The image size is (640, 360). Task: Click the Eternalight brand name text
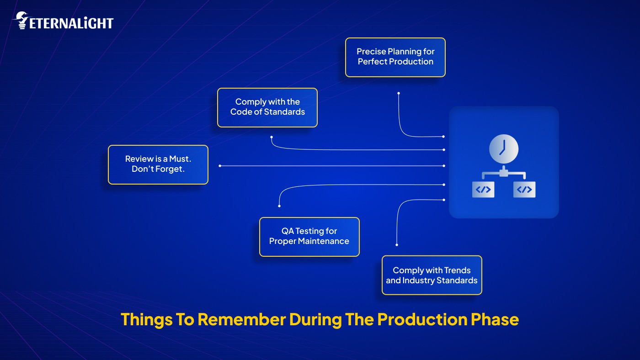point(71,23)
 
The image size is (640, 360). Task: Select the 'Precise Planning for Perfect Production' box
point(395,57)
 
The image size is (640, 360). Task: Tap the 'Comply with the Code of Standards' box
point(267,107)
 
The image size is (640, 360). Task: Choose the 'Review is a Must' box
point(158,164)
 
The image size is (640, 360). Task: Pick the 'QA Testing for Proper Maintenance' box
point(309,237)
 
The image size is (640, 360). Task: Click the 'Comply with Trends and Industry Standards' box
point(432,275)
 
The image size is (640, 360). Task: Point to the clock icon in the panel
point(503,149)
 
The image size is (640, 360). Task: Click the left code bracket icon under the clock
point(483,190)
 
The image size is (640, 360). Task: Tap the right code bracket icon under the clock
point(524,190)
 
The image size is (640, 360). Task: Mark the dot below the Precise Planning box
point(399,93)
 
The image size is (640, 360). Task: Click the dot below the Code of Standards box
point(272,137)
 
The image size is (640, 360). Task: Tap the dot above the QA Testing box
point(279,206)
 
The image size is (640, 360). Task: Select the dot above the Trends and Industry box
point(397,245)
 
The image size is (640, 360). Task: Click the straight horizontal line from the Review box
point(331,166)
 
